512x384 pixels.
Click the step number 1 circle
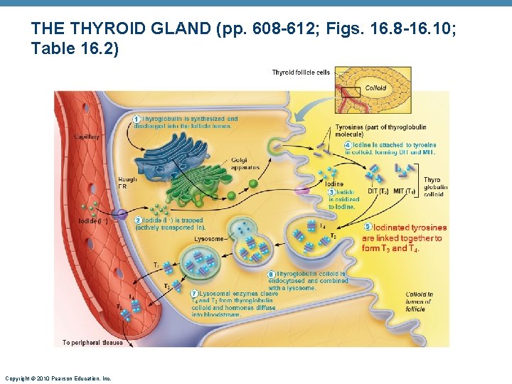137,118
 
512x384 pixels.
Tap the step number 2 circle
138,220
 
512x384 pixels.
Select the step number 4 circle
348,145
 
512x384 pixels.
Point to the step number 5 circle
368,228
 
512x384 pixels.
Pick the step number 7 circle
194,294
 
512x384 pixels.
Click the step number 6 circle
271,274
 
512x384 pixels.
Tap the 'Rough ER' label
127,183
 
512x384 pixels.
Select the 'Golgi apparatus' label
245,164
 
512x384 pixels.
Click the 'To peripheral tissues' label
92,343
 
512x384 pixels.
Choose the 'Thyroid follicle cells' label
299,73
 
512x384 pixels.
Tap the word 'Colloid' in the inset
375,88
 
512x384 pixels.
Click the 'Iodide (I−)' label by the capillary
92,220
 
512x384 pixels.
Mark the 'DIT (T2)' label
378,191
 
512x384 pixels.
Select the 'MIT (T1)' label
406,191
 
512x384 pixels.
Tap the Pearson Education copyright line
58,378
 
